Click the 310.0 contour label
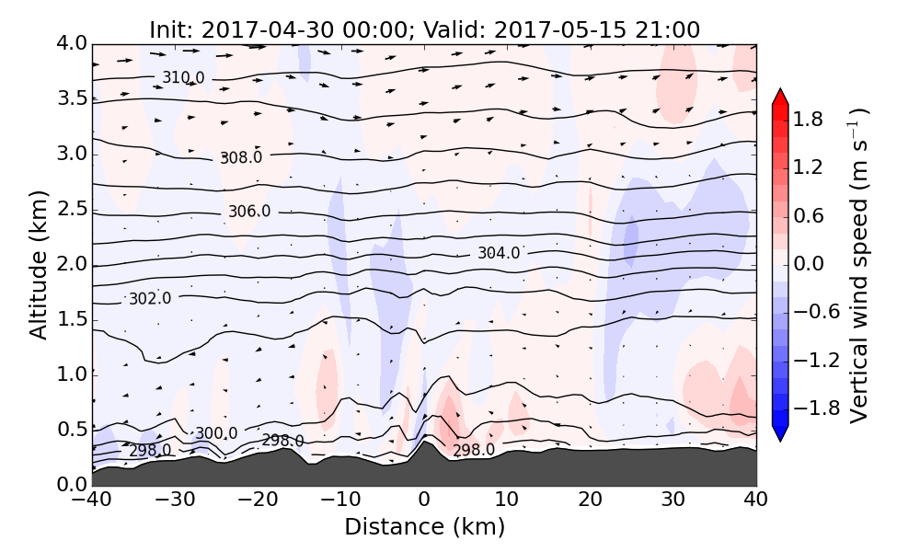(183, 77)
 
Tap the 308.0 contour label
(241, 157)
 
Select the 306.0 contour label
(249, 212)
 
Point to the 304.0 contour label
(499, 253)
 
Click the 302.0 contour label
(150, 298)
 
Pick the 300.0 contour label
(216, 433)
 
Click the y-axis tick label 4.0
(72, 43)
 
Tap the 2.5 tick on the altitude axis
(72, 209)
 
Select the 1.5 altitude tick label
(72, 319)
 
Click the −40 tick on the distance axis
(93, 501)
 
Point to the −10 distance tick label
(341, 501)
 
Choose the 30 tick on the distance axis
(673, 501)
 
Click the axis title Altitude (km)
(39, 264)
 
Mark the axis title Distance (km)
(424, 527)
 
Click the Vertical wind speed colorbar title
(858, 264)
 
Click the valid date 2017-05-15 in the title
(547, 29)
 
